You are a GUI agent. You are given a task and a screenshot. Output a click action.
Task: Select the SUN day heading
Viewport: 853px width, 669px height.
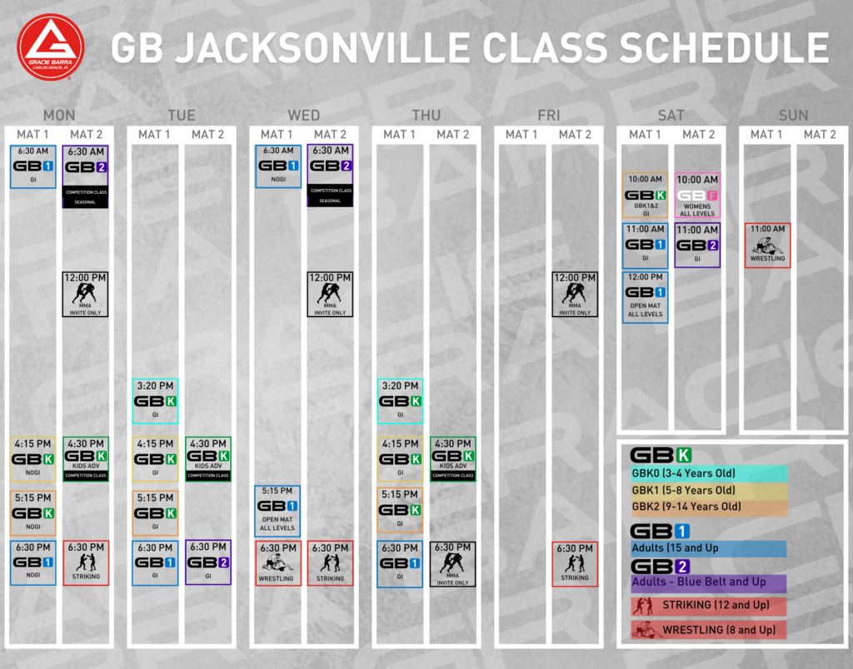pos(792,115)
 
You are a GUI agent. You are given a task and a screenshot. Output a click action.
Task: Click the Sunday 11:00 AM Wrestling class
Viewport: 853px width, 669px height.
pos(767,245)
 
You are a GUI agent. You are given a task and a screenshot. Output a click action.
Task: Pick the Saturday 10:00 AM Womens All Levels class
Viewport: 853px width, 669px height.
pos(697,196)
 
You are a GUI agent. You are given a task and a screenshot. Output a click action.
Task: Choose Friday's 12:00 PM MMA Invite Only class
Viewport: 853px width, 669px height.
pos(575,294)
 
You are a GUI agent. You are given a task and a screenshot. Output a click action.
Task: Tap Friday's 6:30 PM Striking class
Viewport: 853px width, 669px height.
pos(575,563)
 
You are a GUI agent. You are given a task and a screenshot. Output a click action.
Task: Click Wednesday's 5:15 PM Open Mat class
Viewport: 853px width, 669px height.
pos(277,510)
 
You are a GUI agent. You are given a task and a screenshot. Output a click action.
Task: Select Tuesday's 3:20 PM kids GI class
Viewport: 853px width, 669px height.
pos(155,401)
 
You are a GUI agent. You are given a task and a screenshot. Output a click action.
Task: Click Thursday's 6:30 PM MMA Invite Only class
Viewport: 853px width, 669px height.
pos(452,563)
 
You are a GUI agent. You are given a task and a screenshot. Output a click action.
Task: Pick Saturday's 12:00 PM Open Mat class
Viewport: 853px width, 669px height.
pos(646,296)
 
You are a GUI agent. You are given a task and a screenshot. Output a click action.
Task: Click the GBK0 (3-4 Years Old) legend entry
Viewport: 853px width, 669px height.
pos(708,474)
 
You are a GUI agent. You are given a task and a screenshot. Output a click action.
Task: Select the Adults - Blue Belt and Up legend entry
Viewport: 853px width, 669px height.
pos(708,582)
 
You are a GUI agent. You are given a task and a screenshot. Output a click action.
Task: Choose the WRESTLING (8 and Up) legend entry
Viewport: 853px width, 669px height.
pos(708,630)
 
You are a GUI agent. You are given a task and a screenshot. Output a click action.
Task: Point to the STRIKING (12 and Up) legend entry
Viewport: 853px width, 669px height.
pos(708,606)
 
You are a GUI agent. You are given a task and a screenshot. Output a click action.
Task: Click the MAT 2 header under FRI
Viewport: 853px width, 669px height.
pos(575,134)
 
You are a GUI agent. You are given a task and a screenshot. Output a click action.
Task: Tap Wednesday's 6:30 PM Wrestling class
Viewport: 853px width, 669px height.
pos(277,563)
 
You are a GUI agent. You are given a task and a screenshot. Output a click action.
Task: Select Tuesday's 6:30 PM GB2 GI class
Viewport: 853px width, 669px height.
pos(207,562)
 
